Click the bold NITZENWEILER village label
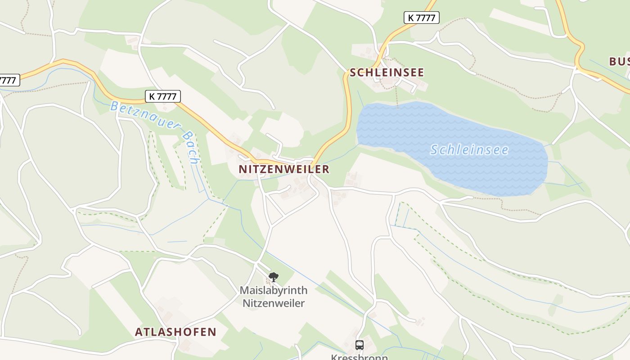(284, 169)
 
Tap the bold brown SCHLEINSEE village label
(387, 72)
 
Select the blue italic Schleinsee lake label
(469, 150)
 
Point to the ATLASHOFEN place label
(175, 332)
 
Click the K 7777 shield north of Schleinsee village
(421, 18)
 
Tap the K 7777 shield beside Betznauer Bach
(163, 96)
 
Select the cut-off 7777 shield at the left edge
(9, 80)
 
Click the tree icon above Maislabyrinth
(273, 277)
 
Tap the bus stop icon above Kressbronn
(359, 345)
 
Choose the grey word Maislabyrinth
(273, 290)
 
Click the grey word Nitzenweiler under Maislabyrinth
(273, 303)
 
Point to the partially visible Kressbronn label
(359, 357)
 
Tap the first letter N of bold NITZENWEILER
(243, 169)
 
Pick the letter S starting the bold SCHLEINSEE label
(353, 72)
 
